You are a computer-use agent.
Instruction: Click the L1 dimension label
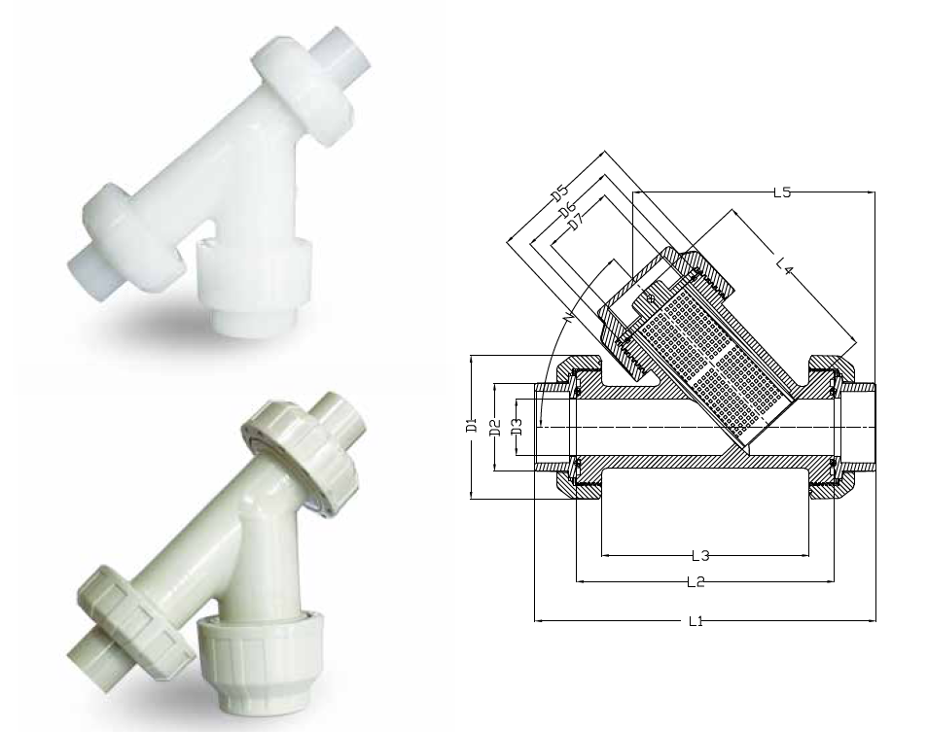coord(696,621)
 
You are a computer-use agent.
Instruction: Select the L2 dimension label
coord(696,582)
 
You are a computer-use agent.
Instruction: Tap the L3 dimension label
coord(700,556)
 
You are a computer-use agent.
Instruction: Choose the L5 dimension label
coord(782,192)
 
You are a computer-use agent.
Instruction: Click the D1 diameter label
coord(471,425)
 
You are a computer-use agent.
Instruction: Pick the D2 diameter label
coord(496,427)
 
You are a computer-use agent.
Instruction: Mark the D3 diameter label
coord(517,427)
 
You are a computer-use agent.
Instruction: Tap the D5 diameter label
coord(559,192)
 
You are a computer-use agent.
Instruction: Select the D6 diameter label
coord(567,209)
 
